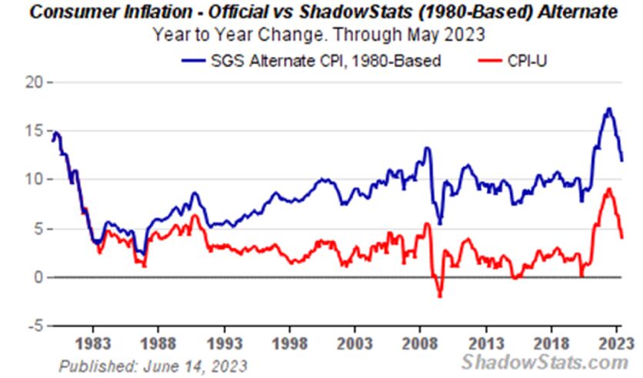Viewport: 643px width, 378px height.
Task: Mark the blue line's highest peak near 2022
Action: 608,109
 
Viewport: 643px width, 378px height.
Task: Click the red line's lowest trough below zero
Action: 440,296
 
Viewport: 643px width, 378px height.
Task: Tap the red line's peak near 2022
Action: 608,189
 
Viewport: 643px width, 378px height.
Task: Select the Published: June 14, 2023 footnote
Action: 153,364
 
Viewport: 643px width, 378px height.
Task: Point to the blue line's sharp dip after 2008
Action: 439,223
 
